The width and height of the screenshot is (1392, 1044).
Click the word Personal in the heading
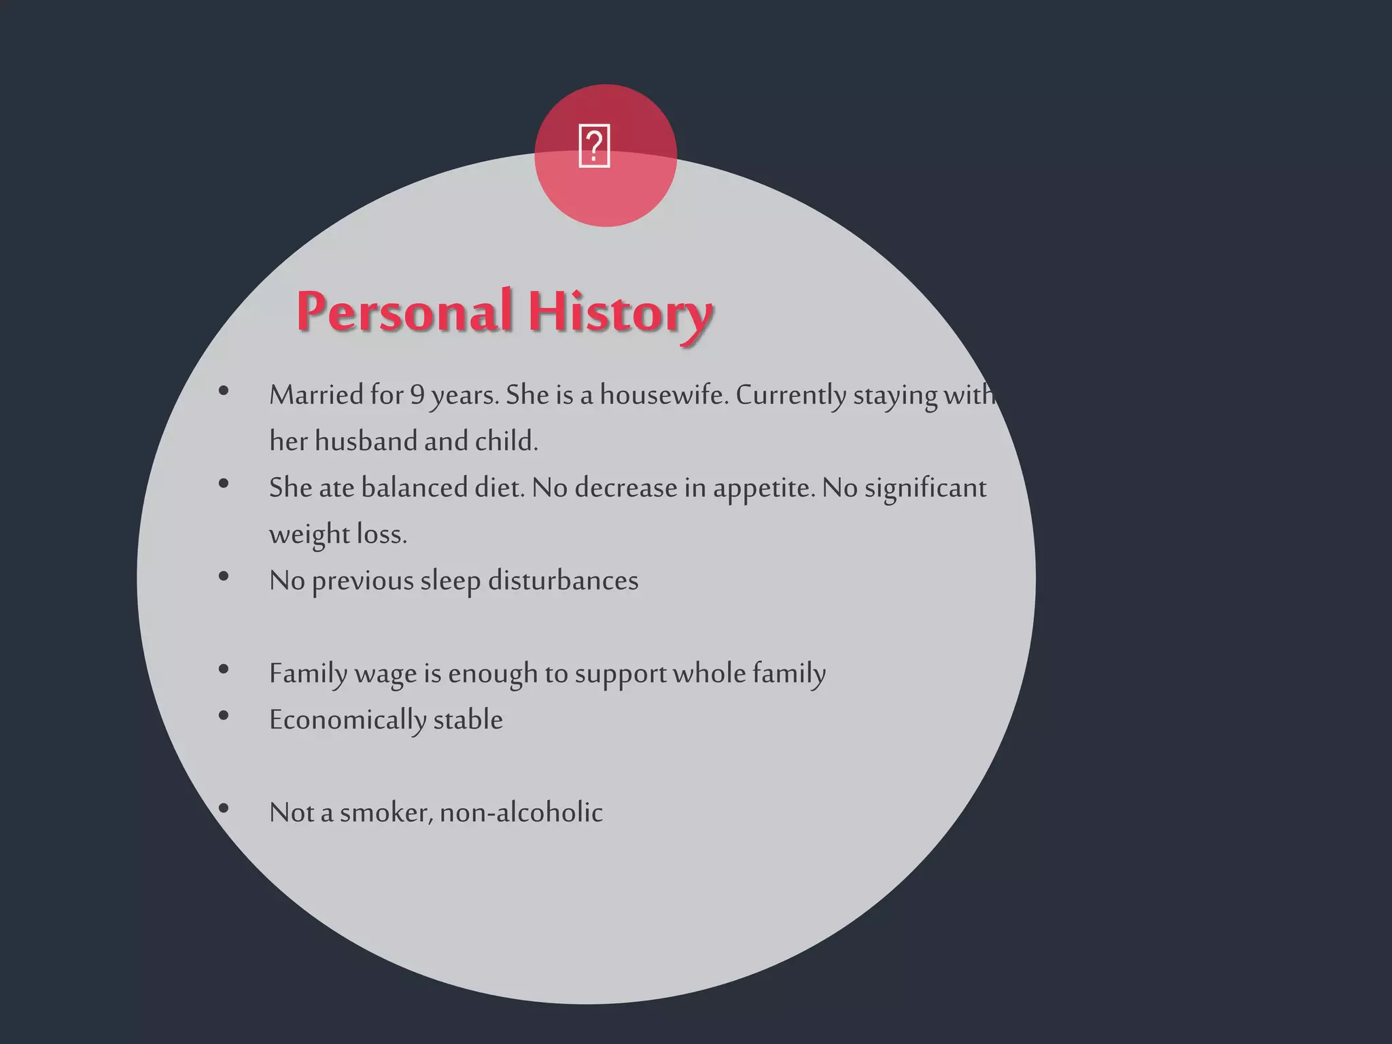(404, 312)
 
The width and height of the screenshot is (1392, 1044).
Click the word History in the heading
(620, 312)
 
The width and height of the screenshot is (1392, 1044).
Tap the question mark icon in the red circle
(594, 146)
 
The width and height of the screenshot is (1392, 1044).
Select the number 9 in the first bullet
(417, 395)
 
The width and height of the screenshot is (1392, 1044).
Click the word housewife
(663, 395)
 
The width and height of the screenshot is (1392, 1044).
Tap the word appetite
(763, 487)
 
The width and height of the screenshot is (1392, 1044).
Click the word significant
(925, 487)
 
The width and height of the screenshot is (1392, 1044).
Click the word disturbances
(563, 580)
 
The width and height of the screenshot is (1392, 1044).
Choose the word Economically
(347, 720)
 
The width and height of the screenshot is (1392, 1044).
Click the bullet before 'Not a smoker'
(224, 808)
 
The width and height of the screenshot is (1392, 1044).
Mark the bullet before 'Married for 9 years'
(224, 391)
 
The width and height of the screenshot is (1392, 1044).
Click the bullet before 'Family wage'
(224, 669)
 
